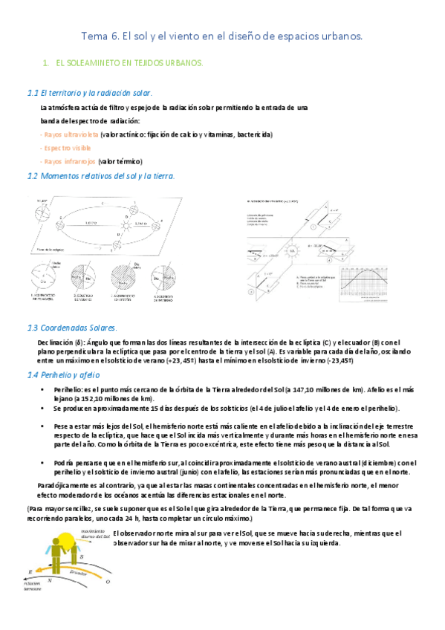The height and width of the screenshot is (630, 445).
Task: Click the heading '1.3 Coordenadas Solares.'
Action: point(77,328)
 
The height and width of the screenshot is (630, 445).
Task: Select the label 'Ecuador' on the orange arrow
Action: point(78,572)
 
